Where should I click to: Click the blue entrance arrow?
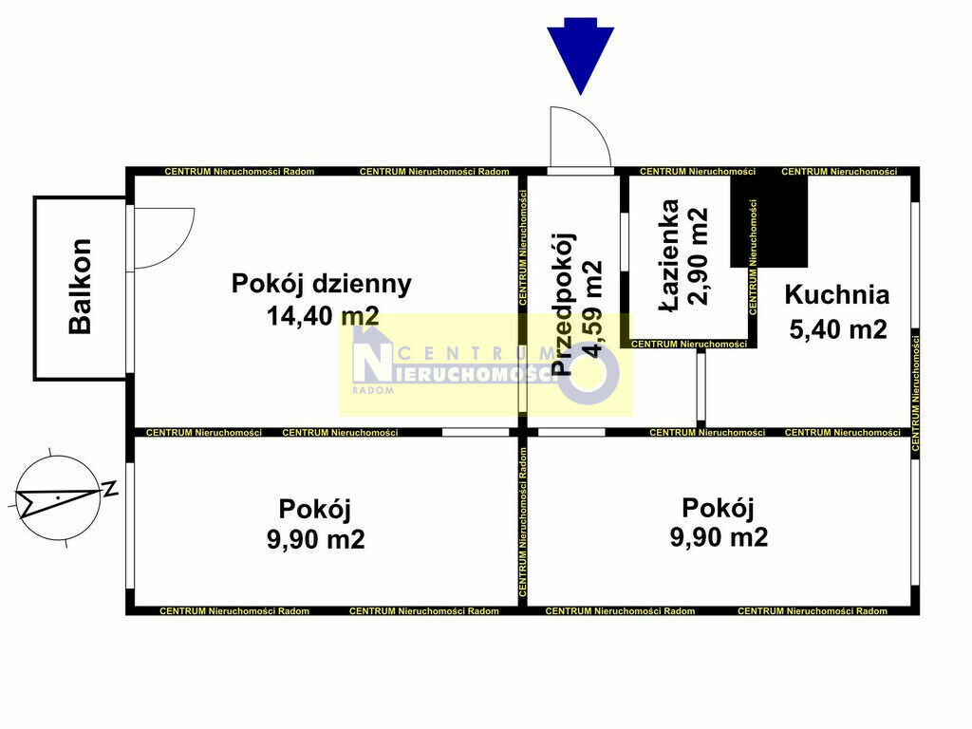point(580,56)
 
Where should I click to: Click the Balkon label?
point(81,287)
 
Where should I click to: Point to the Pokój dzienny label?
point(321,284)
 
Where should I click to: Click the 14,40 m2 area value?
point(323,315)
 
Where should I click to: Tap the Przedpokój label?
point(563,305)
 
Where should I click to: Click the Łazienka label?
point(669,255)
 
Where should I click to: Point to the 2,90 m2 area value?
point(698,255)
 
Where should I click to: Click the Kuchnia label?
point(837,294)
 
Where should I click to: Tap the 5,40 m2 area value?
point(838,328)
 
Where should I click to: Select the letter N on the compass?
point(110,489)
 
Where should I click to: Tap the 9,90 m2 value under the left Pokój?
point(315,539)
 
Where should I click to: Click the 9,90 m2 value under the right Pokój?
point(719,536)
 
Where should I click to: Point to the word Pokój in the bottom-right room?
point(718,509)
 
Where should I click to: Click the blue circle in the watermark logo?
point(589,373)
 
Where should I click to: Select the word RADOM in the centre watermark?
point(373,390)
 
